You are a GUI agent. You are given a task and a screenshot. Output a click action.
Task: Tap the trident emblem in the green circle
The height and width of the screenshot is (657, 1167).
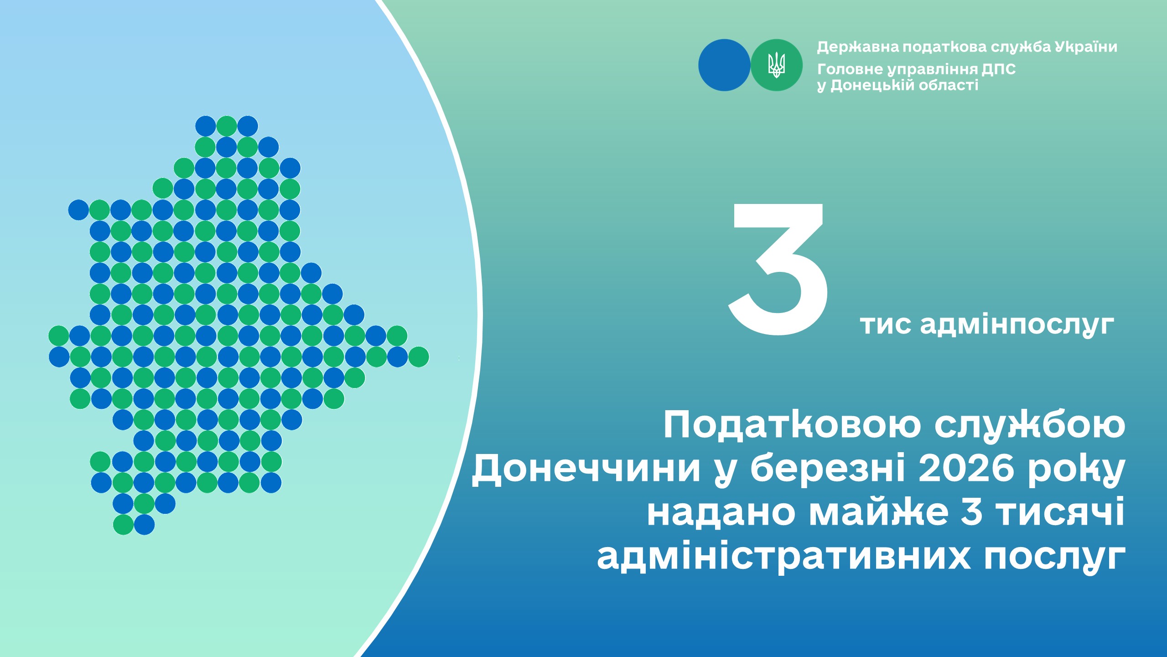(x=776, y=65)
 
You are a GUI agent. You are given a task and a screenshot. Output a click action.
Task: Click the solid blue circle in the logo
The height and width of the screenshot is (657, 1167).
(x=724, y=65)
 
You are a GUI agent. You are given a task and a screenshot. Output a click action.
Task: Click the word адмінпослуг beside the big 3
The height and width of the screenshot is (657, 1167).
(x=1017, y=325)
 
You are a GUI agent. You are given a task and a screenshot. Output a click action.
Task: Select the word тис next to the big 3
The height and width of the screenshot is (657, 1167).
(x=886, y=325)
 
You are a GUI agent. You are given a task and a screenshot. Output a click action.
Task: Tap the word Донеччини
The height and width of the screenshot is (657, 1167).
(x=586, y=469)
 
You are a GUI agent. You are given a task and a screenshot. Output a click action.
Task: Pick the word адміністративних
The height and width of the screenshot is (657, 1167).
(x=784, y=557)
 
